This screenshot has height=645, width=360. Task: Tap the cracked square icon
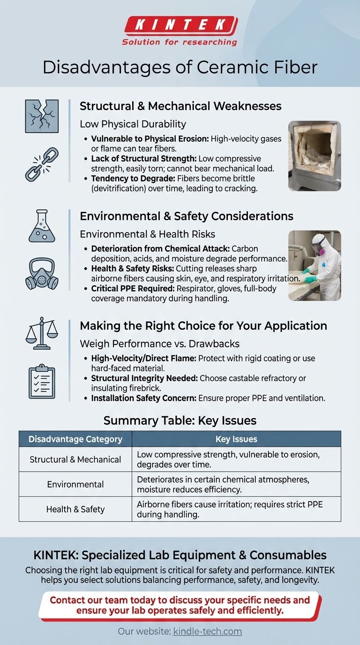click(42, 116)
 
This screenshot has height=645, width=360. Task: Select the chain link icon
click(42, 164)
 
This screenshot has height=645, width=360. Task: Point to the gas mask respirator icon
click(42, 274)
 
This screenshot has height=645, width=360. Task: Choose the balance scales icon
click(42, 333)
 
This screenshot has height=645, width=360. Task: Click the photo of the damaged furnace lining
click(314, 156)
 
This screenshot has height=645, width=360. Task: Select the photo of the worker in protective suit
click(314, 265)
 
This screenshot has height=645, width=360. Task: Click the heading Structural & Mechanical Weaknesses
click(180, 106)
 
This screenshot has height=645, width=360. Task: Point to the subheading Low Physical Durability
click(133, 124)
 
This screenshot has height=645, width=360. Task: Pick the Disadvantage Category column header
click(75, 439)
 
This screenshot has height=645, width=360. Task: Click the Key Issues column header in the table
click(236, 439)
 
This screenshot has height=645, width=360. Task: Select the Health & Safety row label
click(75, 509)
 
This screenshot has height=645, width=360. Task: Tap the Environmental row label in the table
click(75, 484)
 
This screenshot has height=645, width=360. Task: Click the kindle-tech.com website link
click(207, 631)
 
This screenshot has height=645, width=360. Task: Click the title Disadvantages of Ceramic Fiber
click(180, 67)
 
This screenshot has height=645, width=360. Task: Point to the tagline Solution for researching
click(180, 42)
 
